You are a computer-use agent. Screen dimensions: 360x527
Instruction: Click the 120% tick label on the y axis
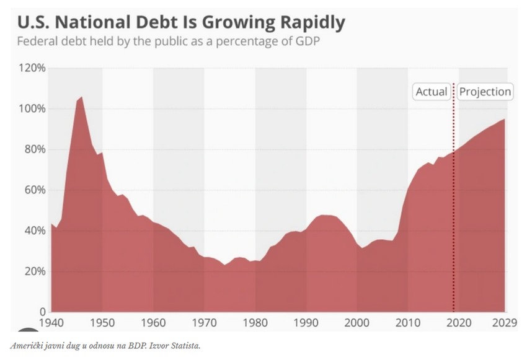(32, 68)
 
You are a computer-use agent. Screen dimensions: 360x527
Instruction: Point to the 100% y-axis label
(32, 108)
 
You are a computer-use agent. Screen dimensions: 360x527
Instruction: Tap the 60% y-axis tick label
(35, 190)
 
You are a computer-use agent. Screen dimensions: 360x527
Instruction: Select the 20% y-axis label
(35, 271)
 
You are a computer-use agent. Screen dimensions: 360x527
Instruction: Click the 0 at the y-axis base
(42, 312)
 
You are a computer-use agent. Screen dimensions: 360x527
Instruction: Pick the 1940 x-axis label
(51, 323)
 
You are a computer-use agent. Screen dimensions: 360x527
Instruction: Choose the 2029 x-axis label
(503, 323)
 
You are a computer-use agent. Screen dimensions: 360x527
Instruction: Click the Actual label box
(431, 92)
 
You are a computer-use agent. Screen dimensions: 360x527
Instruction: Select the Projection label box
(485, 92)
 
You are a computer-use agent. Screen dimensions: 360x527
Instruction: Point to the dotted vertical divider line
(453, 198)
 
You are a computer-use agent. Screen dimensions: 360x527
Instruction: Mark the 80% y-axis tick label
(35, 149)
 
